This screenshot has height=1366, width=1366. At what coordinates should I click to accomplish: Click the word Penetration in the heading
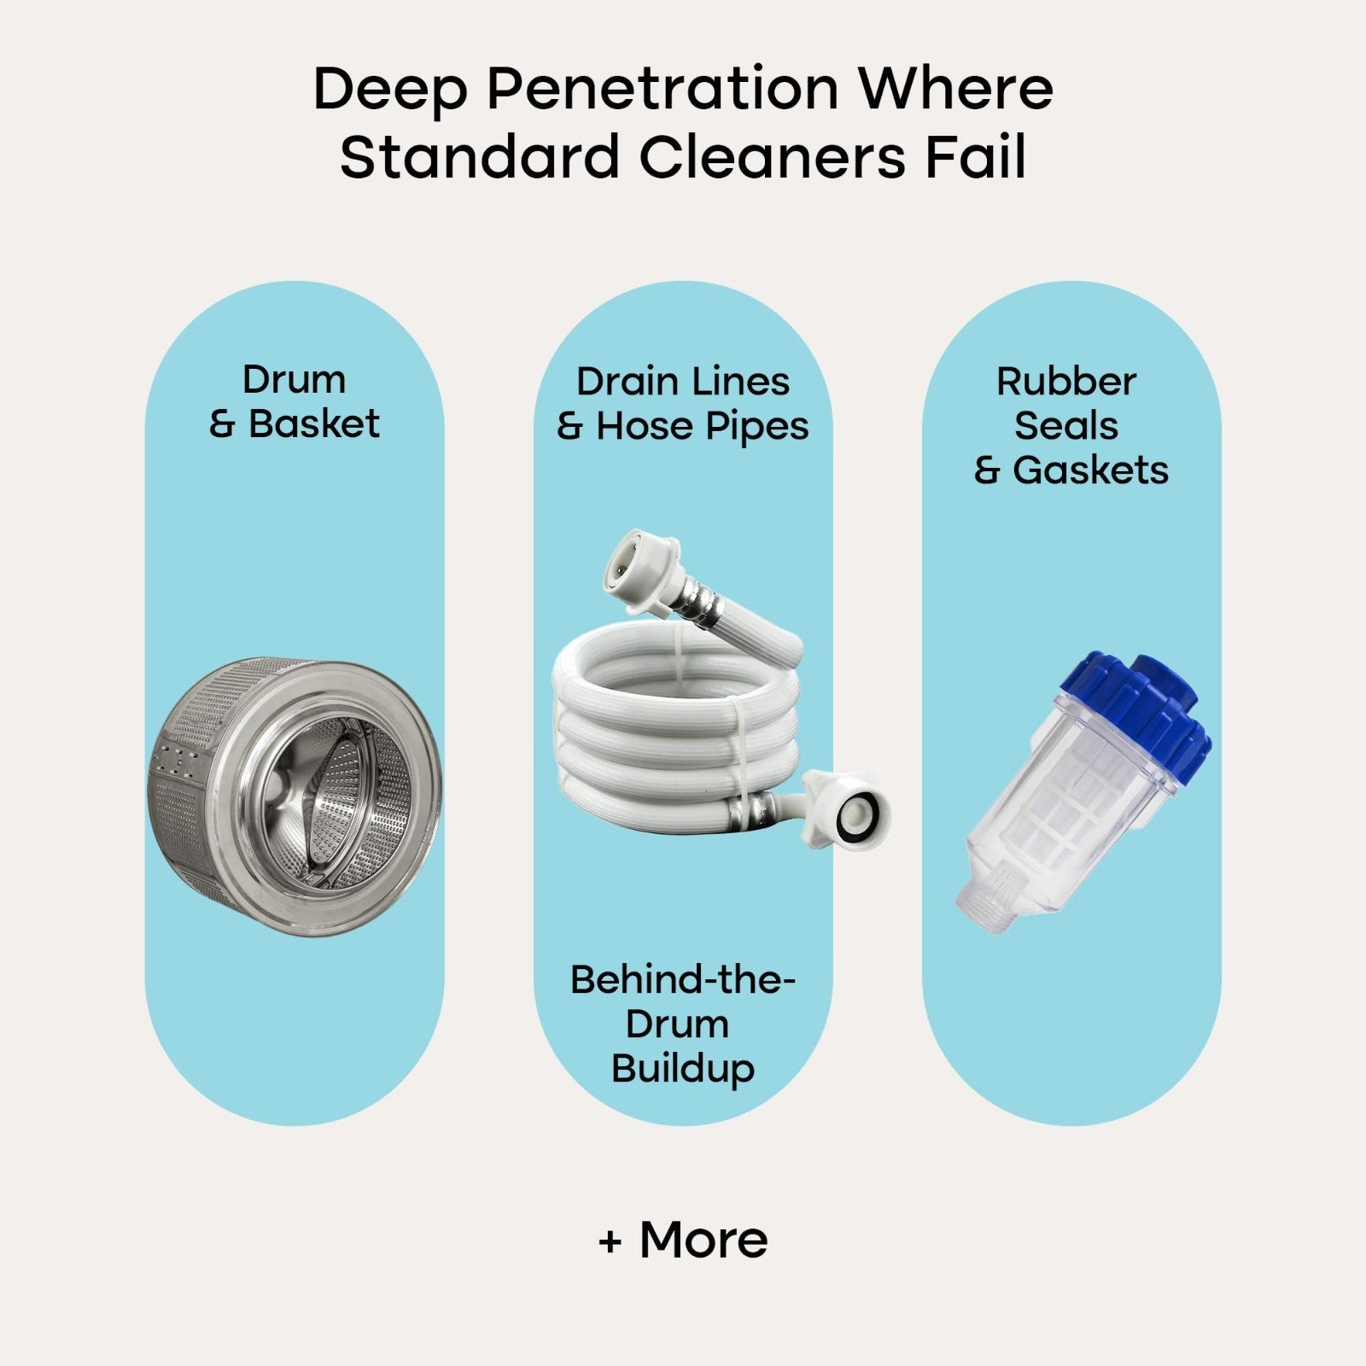tap(663, 90)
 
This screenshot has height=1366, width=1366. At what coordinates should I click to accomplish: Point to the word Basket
tap(314, 424)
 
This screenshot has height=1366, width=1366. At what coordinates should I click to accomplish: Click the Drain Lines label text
tap(683, 382)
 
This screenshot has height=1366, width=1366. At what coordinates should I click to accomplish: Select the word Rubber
tap(1066, 382)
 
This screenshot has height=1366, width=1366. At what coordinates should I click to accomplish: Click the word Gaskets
tap(1090, 470)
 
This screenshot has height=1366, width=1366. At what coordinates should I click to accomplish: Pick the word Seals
tap(1066, 425)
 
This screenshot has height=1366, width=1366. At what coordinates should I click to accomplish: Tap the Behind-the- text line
tap(683, 979)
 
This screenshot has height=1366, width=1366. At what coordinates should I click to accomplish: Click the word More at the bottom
tap(703, 1240)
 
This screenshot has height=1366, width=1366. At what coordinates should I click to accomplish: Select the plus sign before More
tap(610, 1242)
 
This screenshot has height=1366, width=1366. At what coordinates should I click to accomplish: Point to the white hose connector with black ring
tap(850, 809)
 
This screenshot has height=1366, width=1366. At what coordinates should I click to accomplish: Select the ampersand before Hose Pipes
tap(569, 428)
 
